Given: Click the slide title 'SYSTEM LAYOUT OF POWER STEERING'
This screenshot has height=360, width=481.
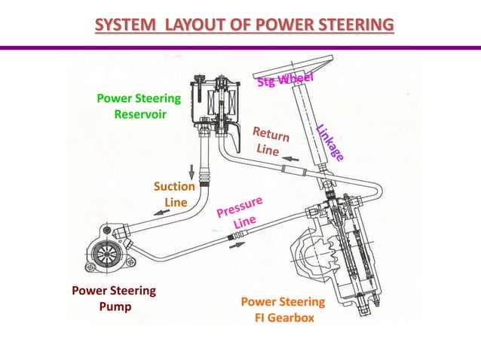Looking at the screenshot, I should [244, 26].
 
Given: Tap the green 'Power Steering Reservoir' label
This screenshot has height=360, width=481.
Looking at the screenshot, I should [139, 106].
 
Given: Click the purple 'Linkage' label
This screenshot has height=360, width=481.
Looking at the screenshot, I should [330, 142].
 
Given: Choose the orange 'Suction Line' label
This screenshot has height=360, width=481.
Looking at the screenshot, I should [175, 194].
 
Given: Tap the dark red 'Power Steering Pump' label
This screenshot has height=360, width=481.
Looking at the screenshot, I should [114, 298].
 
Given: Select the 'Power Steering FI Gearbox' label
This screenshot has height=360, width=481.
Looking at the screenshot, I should [283, 310].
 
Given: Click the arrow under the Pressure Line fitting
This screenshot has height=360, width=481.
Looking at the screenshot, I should [237, 245].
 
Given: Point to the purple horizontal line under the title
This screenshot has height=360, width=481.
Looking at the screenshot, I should [240, 47].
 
